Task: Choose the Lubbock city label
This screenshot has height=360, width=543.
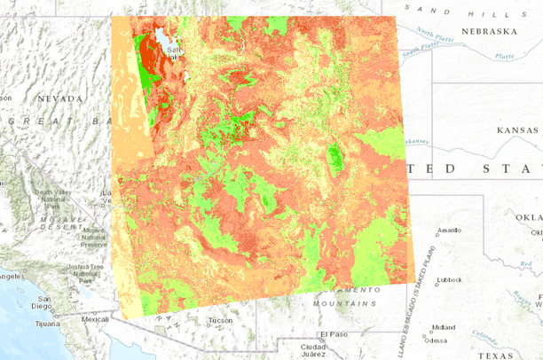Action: [450, 279]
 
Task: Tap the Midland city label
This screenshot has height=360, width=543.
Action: [443, 326]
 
